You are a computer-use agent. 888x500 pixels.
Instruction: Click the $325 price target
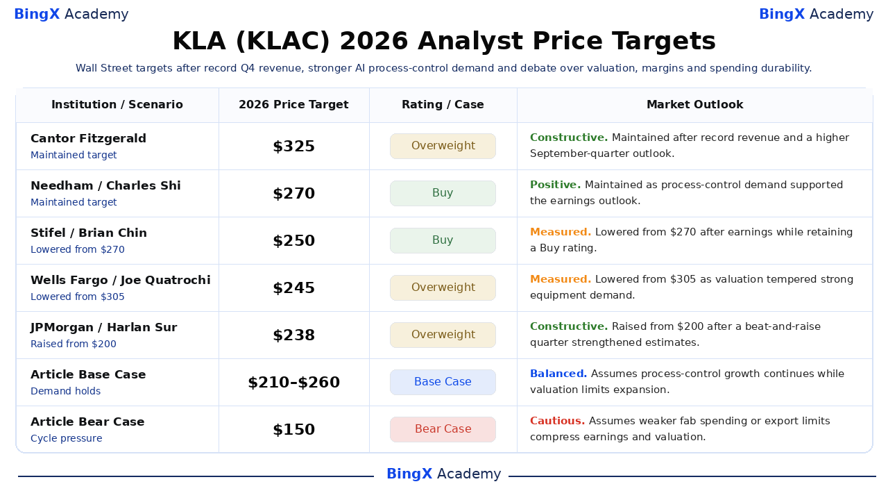[x=293, y=147]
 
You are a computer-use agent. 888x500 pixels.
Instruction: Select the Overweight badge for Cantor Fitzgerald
[x=443, y=146]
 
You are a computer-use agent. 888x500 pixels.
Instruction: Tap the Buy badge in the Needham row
[x=443, y=193]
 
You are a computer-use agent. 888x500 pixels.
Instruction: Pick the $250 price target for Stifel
[x=293, y=241]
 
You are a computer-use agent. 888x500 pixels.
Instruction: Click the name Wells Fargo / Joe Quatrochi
[x=121, y=280]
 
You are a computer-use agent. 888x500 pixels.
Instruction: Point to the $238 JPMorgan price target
[x=293, y=335]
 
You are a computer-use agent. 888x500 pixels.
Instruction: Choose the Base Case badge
[x=443, y=382]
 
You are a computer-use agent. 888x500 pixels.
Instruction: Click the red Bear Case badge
[x=443, y=429]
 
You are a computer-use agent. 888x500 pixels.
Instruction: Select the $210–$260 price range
[x=293, y=383]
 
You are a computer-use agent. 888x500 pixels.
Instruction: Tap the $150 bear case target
[x=293, y=430]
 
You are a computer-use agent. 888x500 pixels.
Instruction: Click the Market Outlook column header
[x=695, y=105]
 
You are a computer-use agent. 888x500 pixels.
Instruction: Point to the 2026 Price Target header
[x=293, y=105]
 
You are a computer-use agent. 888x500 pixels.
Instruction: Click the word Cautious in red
[x=557, y=421]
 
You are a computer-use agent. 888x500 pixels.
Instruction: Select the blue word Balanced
[x=558, y=374]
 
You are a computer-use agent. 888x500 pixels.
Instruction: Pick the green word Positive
[x=556, y=185]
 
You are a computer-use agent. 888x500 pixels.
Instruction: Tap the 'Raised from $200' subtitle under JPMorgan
[x=74, y=344]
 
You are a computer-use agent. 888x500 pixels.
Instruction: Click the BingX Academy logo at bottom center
[x=443, y=474]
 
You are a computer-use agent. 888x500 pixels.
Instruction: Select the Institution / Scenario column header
[x=117, y=105]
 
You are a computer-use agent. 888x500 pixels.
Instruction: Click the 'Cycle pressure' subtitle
[x=66, y=438]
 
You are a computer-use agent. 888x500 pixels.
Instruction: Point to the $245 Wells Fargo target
[x=293, y=288]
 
